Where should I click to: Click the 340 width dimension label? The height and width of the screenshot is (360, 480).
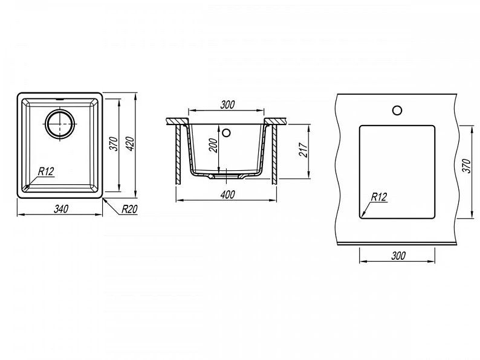click(61, 209)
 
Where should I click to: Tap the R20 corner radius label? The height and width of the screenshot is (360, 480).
click(129, 209)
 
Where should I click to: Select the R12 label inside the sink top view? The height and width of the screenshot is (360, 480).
click(46, 172)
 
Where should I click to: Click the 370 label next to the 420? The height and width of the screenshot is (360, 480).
click(114, 144)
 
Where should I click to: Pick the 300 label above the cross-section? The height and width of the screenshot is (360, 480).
click(227, 104)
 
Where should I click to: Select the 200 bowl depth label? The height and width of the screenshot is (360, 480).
click(214, 146)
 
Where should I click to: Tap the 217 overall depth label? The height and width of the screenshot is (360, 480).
click(303, 150)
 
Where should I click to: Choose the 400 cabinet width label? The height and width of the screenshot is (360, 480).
click(227, 194)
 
